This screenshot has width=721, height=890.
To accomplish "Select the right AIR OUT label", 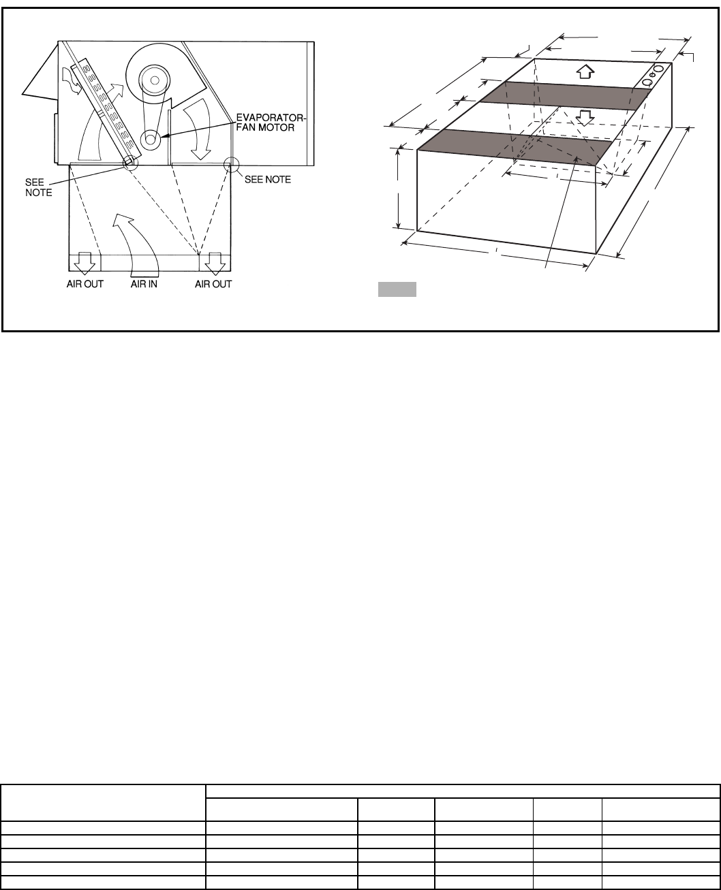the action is pyautogui.click(x=213, y=284).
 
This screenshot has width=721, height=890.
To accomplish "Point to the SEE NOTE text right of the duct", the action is pyautogui.click(x=268, y=180).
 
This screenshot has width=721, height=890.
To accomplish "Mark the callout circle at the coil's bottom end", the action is pyautogui.click(x=129, y=161).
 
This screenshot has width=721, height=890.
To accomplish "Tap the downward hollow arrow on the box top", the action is pyautogui.click(x=583, y=117).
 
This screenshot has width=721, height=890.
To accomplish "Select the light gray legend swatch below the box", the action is pyautogui.click(x=397, y=289).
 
